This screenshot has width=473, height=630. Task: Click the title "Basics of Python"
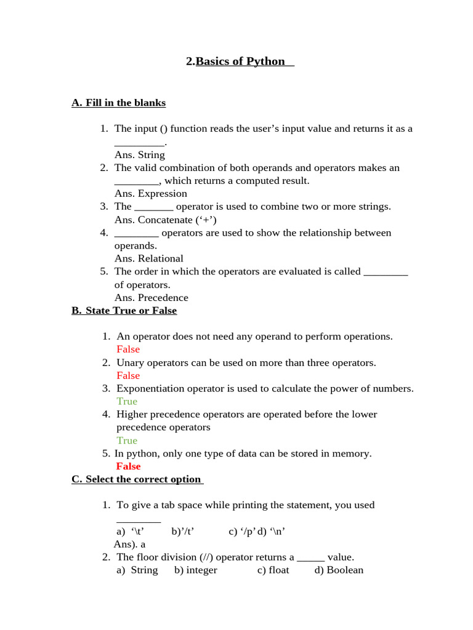point(240,61)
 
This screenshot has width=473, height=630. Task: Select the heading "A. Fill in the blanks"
point(119,103)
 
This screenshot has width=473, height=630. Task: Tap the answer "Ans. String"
point(139,154)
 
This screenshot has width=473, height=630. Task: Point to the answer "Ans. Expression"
point(150,193)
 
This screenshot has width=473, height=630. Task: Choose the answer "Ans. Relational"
point(148,258)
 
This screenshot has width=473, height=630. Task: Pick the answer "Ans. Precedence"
point(151,298)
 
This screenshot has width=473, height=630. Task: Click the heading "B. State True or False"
point(124,311)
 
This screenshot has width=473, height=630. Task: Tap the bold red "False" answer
point(128,466)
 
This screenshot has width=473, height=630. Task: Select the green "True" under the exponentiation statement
point(127,401)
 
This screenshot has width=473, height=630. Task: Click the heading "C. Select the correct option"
point(137,479)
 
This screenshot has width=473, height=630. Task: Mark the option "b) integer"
point(195,570)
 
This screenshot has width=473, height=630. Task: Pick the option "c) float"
point(273,570)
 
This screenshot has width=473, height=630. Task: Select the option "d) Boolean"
point(339,570)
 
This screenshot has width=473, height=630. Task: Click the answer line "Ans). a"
point(129,544)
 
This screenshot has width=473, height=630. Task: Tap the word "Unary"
point(130,362)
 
